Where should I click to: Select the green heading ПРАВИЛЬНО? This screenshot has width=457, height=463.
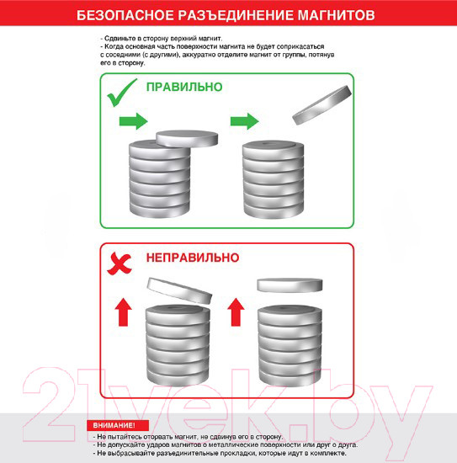pos(184,88)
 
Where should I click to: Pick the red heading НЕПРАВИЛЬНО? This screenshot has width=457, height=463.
pos(193,257)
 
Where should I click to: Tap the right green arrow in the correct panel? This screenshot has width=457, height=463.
pos(244,121)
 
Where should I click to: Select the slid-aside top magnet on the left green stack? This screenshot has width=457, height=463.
pos(187,138)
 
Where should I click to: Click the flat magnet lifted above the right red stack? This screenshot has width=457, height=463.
pos(291,285)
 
